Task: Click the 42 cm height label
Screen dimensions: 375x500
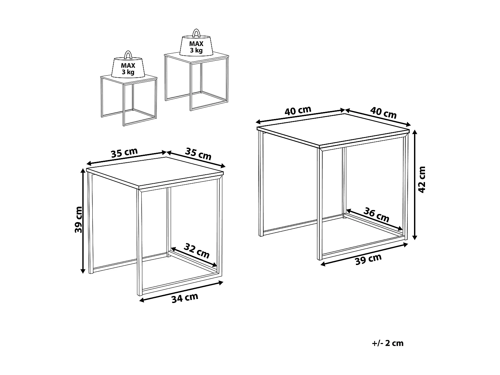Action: tap(422, 180)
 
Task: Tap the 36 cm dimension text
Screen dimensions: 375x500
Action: tap(376, 215)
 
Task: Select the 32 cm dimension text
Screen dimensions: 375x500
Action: tap(197, 251)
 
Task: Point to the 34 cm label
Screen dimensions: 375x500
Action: tap(185, 298)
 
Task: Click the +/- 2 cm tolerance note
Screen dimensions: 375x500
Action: tap(387, 343)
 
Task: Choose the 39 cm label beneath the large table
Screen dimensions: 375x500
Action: tap(368, 259)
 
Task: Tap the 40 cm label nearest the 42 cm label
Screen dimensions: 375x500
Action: tap(384, 112)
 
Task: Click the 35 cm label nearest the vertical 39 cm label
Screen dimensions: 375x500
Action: tap(124, 153)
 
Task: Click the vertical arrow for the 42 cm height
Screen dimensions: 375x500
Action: tap(415, 185)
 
